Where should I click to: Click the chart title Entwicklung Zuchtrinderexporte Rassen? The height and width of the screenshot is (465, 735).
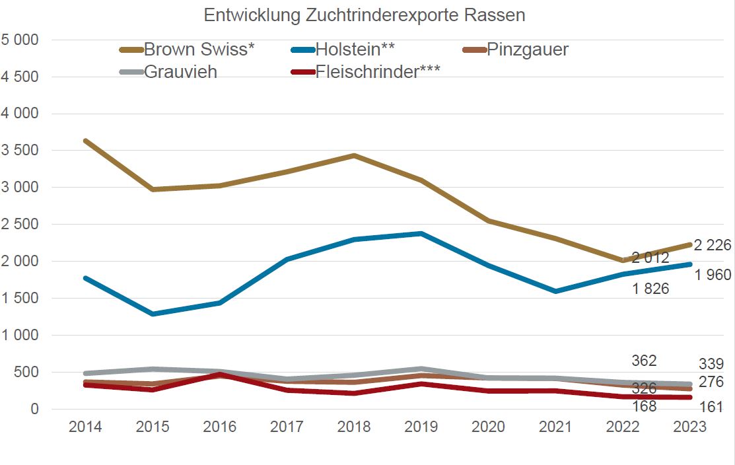(x=365, y=15)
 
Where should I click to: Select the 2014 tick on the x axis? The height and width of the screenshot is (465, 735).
(x=86, y=427)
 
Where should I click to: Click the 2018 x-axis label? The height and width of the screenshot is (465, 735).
(x=354, y=427)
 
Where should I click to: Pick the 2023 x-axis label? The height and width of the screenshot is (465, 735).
(x=689, y=427)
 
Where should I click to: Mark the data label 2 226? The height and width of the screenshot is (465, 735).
(x=713, y=246)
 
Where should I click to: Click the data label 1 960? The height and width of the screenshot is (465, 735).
(x=713, y=275)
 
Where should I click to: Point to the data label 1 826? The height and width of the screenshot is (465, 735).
(x=650, y=289)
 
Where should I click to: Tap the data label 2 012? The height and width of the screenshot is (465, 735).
(x=650, y=258)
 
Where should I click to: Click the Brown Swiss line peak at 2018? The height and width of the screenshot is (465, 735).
(x=354, y=155)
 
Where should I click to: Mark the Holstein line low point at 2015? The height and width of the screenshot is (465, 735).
(x=153, y=314)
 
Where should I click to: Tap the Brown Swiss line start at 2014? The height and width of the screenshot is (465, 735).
(x=86, y=141)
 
